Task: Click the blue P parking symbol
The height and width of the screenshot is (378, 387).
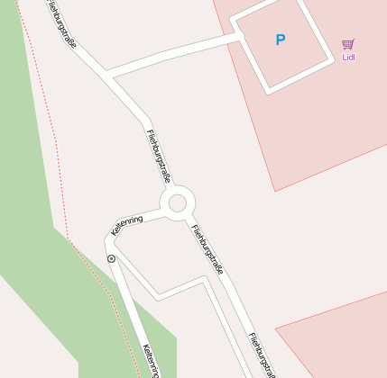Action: pos(280,40)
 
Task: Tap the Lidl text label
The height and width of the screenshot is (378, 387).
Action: pos(349,58)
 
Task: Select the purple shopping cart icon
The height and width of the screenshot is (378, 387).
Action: pos(348,44)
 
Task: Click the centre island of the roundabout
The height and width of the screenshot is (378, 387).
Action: pos(177,202)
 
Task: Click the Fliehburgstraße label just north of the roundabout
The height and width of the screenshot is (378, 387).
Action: pos(159,155)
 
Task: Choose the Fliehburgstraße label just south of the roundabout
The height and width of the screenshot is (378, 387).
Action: pos(207,248)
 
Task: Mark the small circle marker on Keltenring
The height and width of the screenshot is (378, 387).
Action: pos(111,258)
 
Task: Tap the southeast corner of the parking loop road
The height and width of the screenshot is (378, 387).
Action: pos(330,62)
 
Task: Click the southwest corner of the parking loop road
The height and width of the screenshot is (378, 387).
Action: pos(267,90)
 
